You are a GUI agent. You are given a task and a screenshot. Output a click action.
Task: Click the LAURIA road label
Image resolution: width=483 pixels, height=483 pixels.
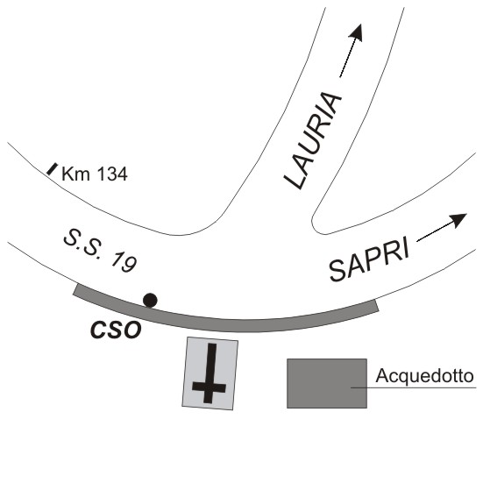[x=313, y=140]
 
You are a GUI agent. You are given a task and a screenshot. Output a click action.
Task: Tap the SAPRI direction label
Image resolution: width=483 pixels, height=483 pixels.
[x=369, y=259]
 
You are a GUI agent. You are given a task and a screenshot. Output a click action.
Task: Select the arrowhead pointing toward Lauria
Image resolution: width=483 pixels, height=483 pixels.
[x=357, y=32]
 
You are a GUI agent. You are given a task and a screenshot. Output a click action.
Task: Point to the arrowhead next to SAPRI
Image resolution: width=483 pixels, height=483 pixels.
[x=459, y=220]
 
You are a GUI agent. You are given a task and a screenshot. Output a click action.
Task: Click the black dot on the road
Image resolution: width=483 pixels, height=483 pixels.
[x=150, y=301]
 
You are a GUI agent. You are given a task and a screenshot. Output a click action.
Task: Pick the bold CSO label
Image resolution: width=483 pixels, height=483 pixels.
[x=116, y=330]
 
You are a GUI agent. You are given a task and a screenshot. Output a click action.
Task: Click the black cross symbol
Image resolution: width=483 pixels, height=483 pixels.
[x=210, y=373]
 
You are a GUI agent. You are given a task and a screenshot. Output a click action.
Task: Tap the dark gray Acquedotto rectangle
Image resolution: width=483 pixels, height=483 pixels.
[x=327, y=383]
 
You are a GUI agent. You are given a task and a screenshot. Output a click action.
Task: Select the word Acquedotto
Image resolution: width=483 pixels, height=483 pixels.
[x=424, y=376]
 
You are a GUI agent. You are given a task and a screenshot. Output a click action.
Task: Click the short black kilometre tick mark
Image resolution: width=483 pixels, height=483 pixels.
[x=52, y=169]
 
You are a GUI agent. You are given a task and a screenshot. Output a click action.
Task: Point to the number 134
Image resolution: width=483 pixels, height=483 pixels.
[x=112, y=174]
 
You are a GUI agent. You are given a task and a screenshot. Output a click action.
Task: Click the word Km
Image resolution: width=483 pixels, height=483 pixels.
[x=75, y=174]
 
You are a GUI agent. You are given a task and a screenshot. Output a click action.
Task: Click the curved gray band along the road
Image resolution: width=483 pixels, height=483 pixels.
[x=225, y=325]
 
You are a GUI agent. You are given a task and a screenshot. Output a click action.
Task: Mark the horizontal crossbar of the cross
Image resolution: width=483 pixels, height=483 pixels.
[x=210, y=388]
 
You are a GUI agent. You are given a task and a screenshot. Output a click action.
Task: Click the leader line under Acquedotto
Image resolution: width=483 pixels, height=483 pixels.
[x=414, y=387]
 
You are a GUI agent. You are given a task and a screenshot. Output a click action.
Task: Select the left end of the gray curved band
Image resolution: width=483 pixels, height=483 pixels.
[x=75, y=290]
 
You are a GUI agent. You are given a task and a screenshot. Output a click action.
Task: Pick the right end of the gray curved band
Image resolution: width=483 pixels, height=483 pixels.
[x=376, y=306]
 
